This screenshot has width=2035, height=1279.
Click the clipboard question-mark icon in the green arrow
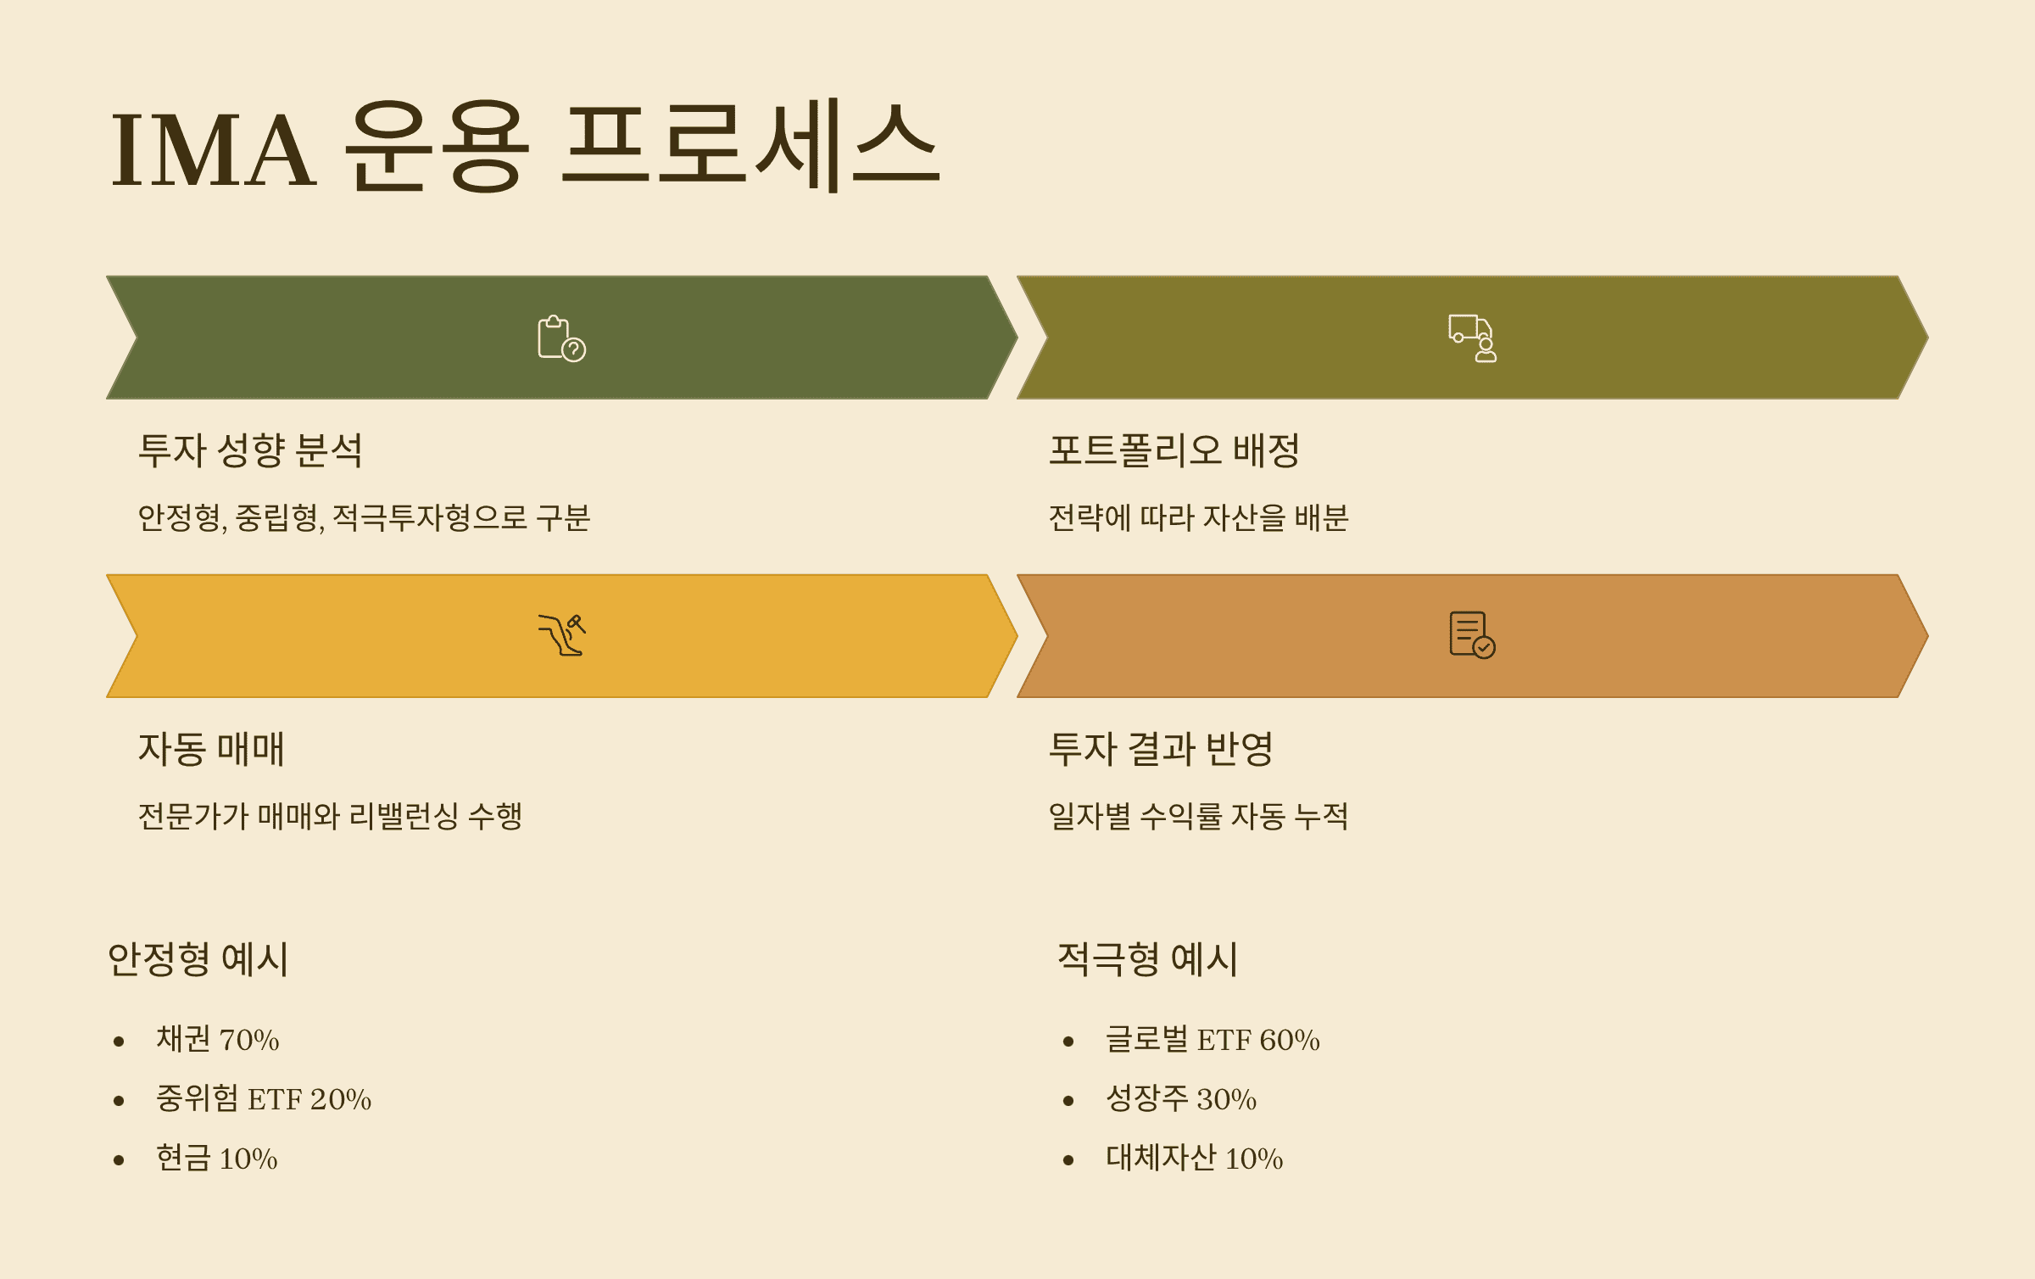pyautogui.click(x=561, y=338)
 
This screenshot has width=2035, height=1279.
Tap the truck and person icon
pyautogui.click(x=1472, y=338)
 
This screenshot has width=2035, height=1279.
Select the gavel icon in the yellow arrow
pyautogui.click(x=561, y=635)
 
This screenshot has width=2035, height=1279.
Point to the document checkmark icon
pyautogui.click(x=1472, y=635)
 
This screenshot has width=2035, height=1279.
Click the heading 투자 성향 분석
pyautogui.click(x=250, y=450)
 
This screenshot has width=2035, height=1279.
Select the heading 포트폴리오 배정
pyautogui.click(x=1174, y=450)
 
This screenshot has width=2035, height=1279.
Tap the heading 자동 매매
pyautogui.click(x=211, y=749)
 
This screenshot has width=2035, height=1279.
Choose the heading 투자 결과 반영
pyautogui.click(x=1161, y=749)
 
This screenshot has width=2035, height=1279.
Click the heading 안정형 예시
pyautogui.click(x=198, y=959)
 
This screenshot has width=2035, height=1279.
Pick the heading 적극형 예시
pyautogui.click(x=1147, y=959)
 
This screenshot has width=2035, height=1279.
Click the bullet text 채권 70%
pyautogui.click(x=217, y=1039)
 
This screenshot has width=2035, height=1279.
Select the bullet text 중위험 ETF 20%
pyautogui.click(x=263, y=1098)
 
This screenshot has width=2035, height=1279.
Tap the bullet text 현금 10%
pyautogui.click(x=216, y=1158)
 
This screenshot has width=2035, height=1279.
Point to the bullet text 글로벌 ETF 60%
pyautogui.click(x=1213, y=1039)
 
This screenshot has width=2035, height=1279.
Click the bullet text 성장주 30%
pyautogui.click(x=1180, y=1098)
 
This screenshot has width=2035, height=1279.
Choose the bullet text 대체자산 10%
pyautogui.click(x=1194, y=1158)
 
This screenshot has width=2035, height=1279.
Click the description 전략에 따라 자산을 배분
pyautogui.click(x=1198, y=517)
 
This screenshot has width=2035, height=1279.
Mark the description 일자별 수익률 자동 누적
pyautogui.click(x=1198, y=816)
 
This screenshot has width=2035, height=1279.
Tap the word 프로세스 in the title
pyautogui.click(x=750, y=146)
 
